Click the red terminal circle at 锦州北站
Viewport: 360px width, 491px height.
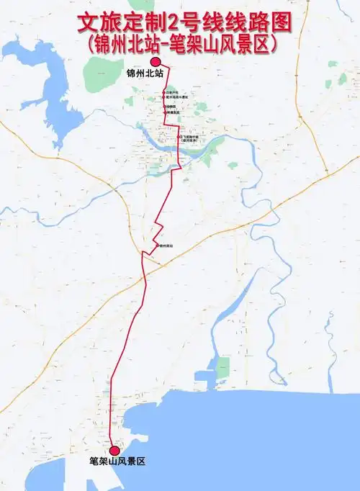point(155,63)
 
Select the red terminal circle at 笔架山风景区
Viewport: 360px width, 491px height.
point(114,451)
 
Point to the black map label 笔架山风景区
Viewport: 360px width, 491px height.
point(117,461)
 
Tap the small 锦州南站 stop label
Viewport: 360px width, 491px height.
point(166,246)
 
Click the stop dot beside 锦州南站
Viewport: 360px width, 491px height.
point(158,246)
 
